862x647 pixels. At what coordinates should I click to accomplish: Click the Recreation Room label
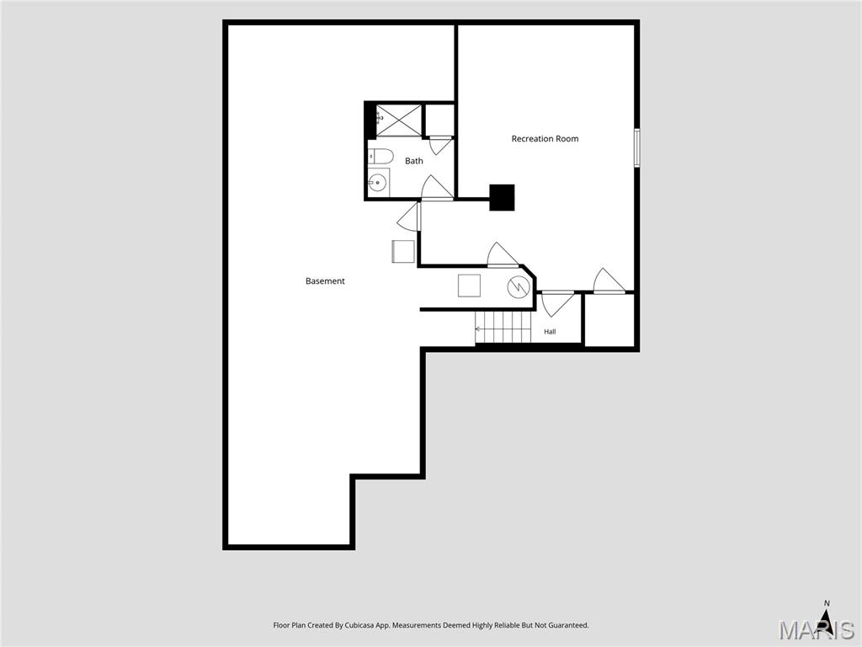point(545,139)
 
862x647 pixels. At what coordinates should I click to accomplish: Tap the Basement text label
point(325,281)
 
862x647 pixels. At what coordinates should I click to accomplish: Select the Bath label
point(414,161)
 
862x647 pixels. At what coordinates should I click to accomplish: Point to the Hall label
point(550,332)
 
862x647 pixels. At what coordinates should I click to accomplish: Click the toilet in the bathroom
point(380,157)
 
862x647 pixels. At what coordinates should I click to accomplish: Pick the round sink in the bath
point(378,183)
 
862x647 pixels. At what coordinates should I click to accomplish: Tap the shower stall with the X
point(398,120)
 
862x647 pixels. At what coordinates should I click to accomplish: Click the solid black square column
point(502,197)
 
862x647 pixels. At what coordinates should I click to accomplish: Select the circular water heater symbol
point(519,286)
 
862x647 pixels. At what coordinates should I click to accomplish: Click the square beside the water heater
point(469,286)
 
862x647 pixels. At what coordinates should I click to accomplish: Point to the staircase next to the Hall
point(503,329)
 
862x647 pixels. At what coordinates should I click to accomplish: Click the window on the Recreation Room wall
point(636,147)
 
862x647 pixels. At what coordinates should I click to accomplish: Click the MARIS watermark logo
point(816,629)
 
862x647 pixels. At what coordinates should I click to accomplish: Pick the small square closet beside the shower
point(439,120)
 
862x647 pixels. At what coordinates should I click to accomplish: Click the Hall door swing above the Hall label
point(558,304)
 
